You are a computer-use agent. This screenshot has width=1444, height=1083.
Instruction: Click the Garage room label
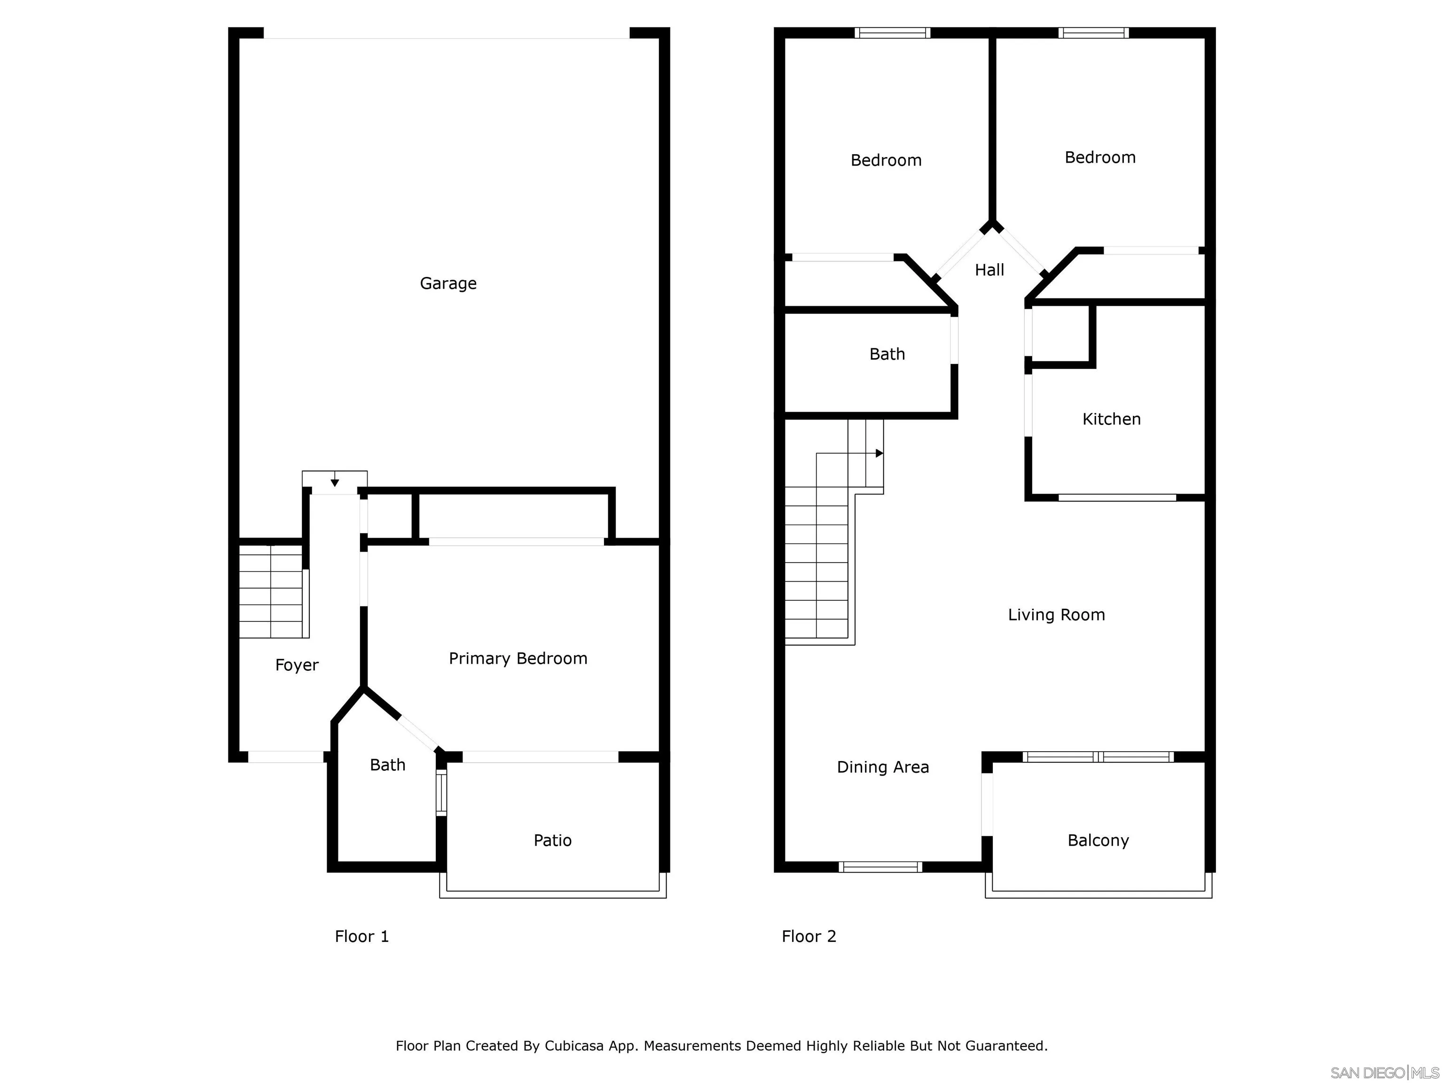(448, 283)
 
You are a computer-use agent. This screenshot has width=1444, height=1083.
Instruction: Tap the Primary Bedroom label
(518, 658)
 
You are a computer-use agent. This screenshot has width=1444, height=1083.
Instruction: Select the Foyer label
(297, 665)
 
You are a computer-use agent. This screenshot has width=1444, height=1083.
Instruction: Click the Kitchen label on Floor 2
(1111, 419)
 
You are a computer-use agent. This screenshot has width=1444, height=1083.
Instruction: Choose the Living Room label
(1056, 614)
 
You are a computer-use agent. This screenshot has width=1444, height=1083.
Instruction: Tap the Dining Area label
(883, 767)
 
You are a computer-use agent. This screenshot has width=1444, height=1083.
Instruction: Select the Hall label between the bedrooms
(989, 270)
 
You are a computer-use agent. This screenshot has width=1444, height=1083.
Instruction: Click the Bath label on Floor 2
(887, 354)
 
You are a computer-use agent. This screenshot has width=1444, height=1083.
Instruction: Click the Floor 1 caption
(361, 936)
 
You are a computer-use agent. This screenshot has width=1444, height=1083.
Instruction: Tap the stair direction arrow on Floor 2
(879, 453)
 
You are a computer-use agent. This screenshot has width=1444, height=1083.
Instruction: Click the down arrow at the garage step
(334, 482)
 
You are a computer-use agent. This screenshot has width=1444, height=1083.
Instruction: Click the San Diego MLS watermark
(1383, 1073)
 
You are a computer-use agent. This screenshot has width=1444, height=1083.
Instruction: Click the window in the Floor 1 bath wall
(441, 793)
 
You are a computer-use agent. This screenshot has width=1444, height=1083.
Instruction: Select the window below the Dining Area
(880, 867)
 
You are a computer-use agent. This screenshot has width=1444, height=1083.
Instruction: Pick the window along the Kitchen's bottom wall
(1116, 497)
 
